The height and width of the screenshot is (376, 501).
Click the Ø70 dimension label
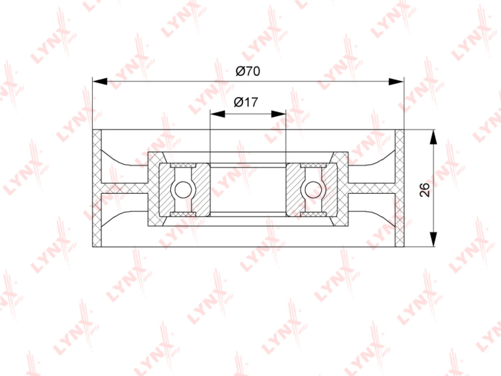coord(248,71)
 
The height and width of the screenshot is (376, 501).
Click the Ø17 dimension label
coord(246,102)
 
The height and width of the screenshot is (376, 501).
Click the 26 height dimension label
coord(425,190)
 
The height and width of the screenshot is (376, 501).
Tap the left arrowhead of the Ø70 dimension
coord(100,82)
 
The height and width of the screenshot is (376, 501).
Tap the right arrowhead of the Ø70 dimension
coord(396,82)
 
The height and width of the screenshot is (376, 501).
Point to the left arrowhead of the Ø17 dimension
coord(218,114)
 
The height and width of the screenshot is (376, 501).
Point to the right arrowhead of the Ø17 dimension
coord(278,114)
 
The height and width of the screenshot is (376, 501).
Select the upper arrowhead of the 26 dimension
coord(433,138)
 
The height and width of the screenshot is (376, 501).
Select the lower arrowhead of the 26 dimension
coord(433,239)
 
